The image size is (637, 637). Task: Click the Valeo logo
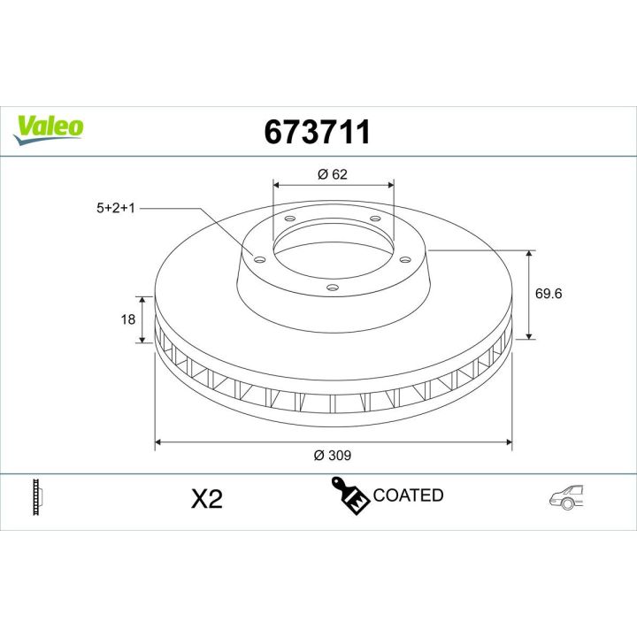[x=49, y=125]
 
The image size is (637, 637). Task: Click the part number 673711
[x=318, y=132]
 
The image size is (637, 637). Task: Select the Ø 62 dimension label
[x=333, y=174]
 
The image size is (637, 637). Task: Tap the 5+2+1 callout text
[x=116, y=208]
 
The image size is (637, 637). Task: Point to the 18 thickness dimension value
[x=127, y=319]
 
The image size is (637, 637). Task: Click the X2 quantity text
[x=206, y=500]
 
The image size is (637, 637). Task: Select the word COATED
[x=408, y=495]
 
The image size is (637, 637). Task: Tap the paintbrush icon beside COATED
[x=349, y=495]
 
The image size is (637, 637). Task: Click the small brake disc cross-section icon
[x=37, y=496]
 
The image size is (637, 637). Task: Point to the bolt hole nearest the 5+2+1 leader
[x=259, y=258]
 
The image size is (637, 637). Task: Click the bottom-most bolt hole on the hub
[x=333, y=287]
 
